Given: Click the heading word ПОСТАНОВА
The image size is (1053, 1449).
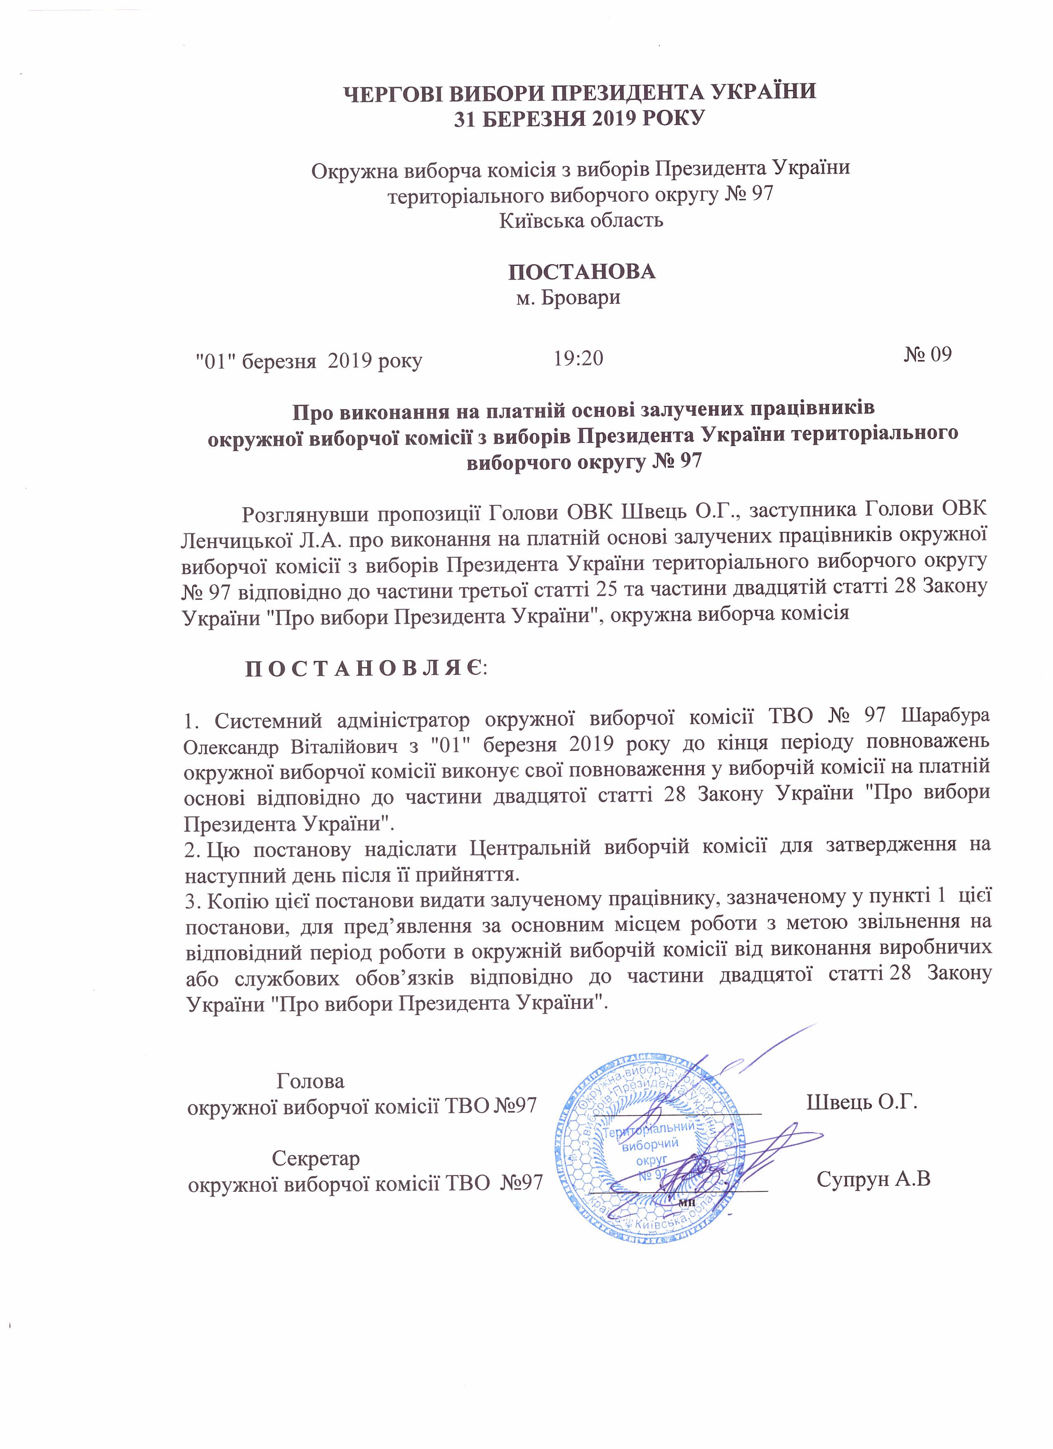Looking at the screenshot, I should [582, 272].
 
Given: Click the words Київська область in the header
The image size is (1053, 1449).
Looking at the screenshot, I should [581, 220].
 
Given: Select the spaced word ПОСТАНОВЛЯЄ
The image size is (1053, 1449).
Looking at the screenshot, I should [365, 669].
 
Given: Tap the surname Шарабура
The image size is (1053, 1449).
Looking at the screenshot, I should [945, 716].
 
